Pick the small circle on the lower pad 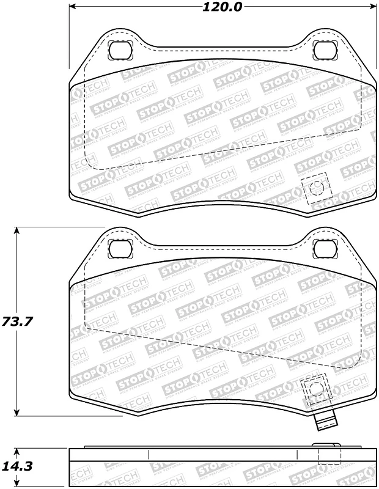coord(315,388)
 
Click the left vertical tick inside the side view coord(150,455)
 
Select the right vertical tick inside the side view coord(297,455)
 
